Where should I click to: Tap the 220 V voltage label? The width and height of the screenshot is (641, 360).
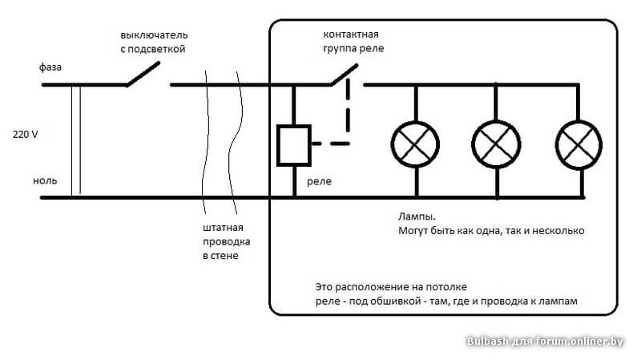[x=26, y=134]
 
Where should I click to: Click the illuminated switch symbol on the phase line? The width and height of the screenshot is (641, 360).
[x=144, y=75]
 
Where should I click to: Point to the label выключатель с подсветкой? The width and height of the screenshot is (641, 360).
[x=153, y=42]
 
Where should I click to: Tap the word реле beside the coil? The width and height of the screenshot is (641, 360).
[x=318, y=181]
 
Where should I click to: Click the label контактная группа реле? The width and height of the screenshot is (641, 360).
[x=352, y=42]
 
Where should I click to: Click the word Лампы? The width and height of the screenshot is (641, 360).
[x=417, y=216]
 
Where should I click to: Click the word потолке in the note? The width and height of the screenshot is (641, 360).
[x=439, y=286]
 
